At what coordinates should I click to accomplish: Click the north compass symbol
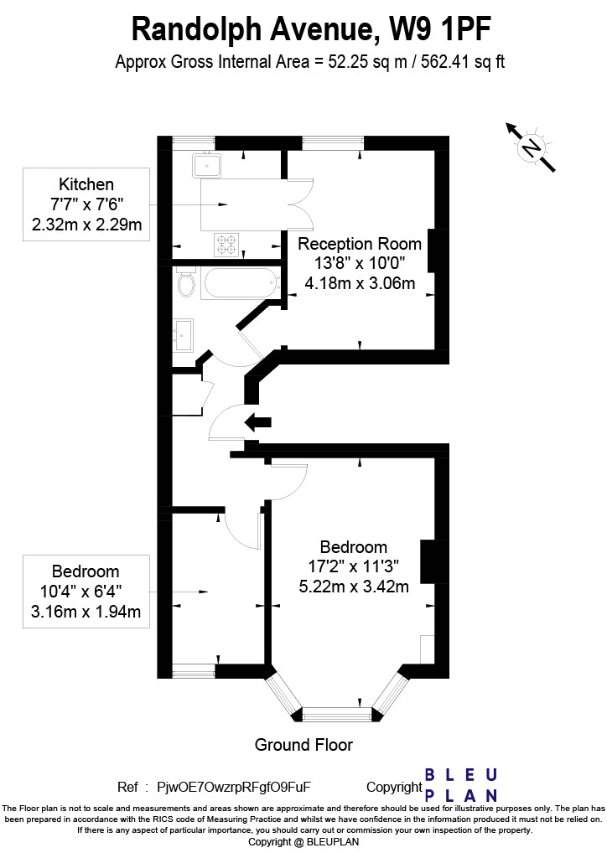click(531, 147)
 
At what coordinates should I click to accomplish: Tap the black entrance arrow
click(257, 422)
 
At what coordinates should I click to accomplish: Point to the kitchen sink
click(206, 165)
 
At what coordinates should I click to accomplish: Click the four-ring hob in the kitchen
click(226, 245)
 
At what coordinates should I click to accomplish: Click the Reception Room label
click(359, 244)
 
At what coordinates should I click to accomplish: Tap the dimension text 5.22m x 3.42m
click(354, 587)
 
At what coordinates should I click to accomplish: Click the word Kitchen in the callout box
click(86, 184)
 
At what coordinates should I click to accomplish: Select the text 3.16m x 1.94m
click(86, 611)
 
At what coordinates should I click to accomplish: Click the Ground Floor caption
click(303, 745)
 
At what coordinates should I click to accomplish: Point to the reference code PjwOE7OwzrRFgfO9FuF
click(234, 787)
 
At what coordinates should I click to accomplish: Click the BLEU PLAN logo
click(461, 784)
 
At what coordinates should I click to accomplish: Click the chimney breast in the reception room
click(431, 251)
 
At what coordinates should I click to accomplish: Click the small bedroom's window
click(194, 671)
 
